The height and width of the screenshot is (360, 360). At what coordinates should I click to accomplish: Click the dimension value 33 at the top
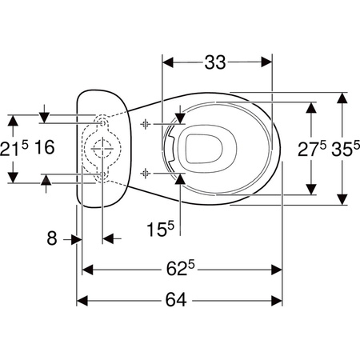click(215, 62)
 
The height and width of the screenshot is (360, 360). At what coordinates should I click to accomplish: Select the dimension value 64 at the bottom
click(176, 300)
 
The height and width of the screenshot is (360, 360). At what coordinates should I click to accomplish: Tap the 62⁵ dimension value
click(181, 268)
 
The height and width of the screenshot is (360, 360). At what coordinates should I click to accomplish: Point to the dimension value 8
click(52, 238)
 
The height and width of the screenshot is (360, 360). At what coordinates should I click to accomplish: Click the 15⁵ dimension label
click(160, 229)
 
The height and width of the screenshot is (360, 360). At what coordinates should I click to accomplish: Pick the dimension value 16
click(45, 147)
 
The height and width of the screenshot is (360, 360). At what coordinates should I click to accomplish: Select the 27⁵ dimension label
click(312, 148)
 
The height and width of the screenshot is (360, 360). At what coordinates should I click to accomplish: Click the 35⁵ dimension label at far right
click(346, 148)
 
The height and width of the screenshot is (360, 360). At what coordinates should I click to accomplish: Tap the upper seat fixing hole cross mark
click(146, 124)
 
